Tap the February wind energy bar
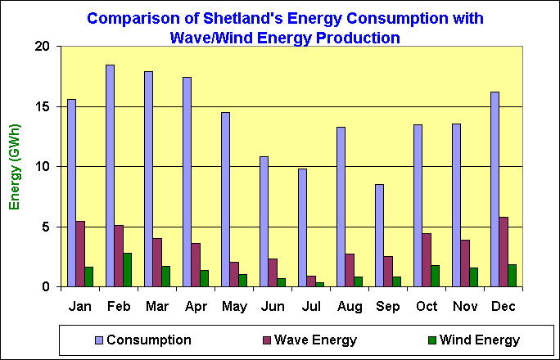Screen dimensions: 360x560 point(128,270)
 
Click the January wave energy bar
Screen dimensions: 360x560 point(80,254)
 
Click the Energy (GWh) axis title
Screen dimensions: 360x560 point(15,166)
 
